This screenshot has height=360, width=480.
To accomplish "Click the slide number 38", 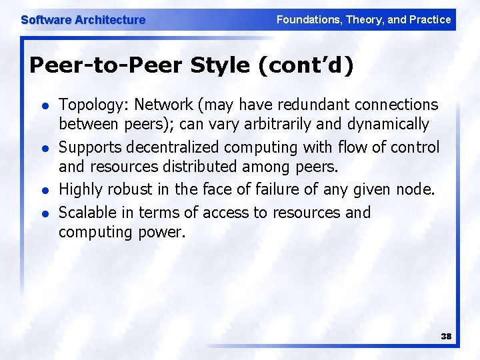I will coord(446,337).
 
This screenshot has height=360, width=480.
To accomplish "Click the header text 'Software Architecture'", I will coord(83,20).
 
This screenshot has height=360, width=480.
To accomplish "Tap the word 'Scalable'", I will coord(87,213).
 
